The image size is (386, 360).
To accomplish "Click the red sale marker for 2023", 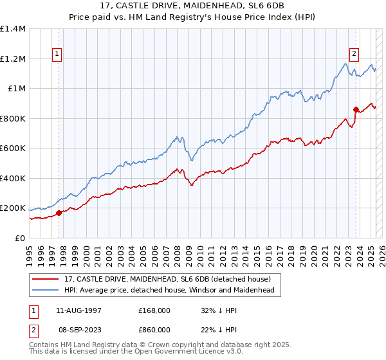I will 356,109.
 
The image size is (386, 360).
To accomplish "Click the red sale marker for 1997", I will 59,213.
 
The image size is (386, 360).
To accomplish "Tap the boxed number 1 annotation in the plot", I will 58,54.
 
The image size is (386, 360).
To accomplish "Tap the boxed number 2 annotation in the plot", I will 354,54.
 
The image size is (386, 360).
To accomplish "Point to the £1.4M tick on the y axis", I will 13,29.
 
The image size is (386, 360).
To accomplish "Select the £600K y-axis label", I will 13,148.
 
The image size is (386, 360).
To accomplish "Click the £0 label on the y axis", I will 21,238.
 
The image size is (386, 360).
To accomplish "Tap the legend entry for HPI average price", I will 169,291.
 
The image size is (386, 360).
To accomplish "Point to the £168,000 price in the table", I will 154,310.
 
